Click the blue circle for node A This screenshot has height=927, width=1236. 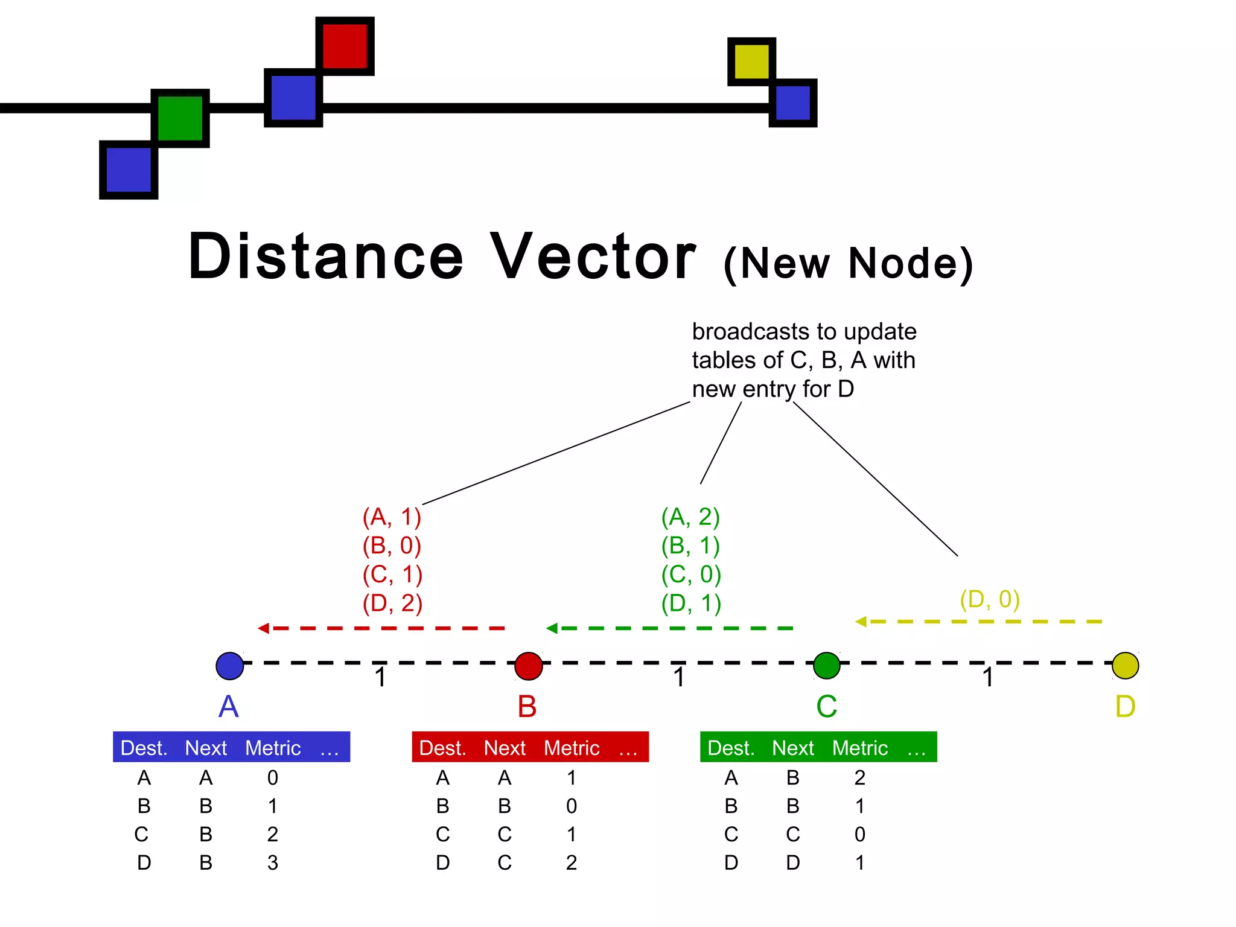[x=229, y=666]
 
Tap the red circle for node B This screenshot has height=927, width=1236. [x=528, y=666]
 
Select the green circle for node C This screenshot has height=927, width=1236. [x=826, y=666]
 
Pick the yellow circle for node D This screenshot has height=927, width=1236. [x=1125, y=666]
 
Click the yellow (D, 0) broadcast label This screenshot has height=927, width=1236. [x=990, y=599]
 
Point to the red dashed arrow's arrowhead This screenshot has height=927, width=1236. [x=264, y=628]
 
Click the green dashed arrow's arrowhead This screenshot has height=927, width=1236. [x=552, y=628]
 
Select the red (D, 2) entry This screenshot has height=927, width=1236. [x=392, y=603]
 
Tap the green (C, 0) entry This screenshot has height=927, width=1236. [x=691, y=574]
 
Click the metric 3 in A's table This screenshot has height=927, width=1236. [x=273, y=862]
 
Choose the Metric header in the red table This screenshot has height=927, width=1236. [x=572, y=748]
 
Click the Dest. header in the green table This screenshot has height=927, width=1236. [x=731, y=748]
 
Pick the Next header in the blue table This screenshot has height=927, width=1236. [x=206, y=748]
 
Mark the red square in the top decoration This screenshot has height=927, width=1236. [x=345, y=46]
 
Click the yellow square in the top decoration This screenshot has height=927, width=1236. [x=751, y=61]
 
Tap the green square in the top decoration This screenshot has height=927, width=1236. [x=180, y=118]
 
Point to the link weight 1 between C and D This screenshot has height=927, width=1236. [x=987, y=677]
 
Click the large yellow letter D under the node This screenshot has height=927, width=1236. [x=1125, y=706]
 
